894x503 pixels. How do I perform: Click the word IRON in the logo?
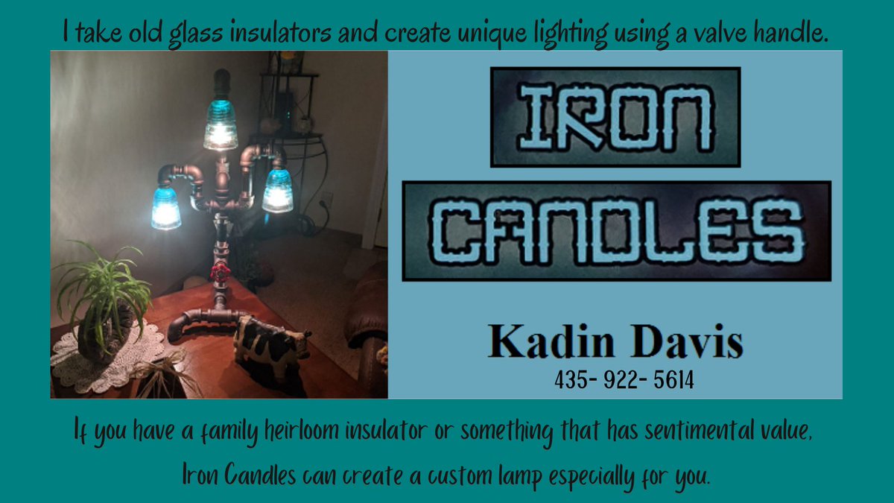click(x=615, y=116)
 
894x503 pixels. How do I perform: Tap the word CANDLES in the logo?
click(x=616, y=230)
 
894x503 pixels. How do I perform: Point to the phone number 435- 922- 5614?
click(x=624, y=381)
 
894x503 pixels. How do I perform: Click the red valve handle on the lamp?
click(x=220, y=272)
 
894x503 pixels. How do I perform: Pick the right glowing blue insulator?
click(x=277, y=191)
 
